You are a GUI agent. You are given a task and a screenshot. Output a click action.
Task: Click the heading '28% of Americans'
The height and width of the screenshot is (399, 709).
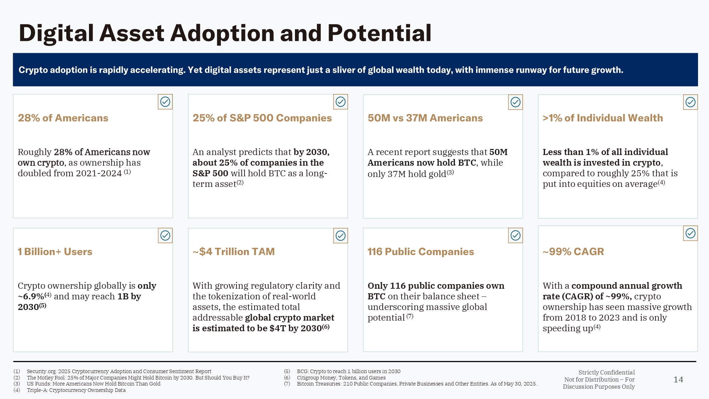pyautogui.click(x=63, y=118)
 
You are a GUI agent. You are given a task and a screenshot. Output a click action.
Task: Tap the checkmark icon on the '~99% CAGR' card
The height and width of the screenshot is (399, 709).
pyautogui.click(x=690, y=233)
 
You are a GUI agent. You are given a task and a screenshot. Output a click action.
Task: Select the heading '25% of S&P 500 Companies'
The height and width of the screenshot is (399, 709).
pyautogui.click(x=262, y=118)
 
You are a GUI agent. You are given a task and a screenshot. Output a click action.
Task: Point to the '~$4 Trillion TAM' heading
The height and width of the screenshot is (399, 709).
pyautogui.click(x=234, y=252)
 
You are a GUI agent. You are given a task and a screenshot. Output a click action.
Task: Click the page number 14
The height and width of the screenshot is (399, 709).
pyautogui.click(x=678, y=380)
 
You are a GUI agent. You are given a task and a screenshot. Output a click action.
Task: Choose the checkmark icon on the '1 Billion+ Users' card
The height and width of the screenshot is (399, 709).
pyautogui.click(x=165, y=235)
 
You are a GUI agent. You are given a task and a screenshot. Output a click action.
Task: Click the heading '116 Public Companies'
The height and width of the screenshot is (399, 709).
pyautogui.click(x=421, y=252)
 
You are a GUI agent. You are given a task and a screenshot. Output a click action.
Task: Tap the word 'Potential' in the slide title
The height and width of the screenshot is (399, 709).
pyautogui.click(x=379, y=33)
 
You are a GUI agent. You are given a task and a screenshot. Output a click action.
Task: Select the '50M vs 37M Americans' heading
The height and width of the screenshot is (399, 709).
pyautogui.click(x=425, y=118)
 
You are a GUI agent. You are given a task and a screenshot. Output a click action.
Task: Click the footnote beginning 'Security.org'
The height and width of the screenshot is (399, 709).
pyautogui.click(x=119, y=371)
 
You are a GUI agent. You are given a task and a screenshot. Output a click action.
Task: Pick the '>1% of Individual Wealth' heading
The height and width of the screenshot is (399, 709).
pyautogui.click(x=603, y=118)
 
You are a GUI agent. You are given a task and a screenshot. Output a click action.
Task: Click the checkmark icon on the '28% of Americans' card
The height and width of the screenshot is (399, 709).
pyautogui.click(x=165, y=102)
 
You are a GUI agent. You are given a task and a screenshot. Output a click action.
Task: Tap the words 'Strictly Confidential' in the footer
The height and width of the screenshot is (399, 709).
pyautogui.click(x=607, y=372)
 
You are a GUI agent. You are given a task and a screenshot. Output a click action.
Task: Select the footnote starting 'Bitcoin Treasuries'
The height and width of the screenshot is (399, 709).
pyautogui.click(x=417, y=384)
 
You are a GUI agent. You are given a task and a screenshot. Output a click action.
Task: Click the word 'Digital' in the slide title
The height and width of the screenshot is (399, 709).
pyautogui.click(x=56, y=33)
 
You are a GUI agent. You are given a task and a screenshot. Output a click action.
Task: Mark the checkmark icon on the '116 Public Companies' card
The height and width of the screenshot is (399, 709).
pyautogui.click(x=515, y=235)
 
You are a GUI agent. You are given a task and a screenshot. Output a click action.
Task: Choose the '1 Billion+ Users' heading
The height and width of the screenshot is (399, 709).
pyautogui.click(x=55, y=252)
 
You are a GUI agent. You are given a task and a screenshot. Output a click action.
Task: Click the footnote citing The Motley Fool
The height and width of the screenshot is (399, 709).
pyautogui.click(x=138, y=378)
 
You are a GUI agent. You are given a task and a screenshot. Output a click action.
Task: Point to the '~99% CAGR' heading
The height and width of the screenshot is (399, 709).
pyautogui.click(x=573, y=252)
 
